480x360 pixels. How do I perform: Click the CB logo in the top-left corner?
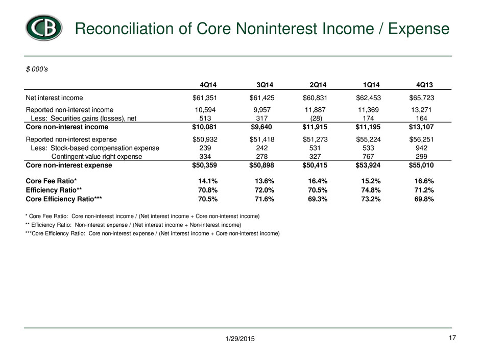44,28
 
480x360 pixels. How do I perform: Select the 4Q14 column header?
208,85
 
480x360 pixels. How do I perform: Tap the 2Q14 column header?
318,85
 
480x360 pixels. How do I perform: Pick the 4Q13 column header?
424,85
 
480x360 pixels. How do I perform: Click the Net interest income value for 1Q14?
368,98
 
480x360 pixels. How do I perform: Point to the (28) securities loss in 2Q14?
315,118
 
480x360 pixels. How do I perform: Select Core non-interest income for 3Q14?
261,127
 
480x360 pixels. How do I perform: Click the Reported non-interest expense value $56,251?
421,139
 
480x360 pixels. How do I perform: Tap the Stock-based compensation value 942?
421,148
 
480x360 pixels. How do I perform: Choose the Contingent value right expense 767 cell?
368,156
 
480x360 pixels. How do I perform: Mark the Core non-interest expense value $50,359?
204,165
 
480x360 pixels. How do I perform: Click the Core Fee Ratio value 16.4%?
318,181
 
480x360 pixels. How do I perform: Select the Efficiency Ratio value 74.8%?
371,190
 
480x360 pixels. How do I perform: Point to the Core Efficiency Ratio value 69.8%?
424,199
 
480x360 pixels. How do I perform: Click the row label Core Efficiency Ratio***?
64,199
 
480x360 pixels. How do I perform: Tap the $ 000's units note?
37,69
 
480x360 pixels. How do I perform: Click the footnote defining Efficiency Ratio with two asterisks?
133,225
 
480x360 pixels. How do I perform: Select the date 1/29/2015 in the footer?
240,339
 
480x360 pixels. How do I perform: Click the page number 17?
452,338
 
